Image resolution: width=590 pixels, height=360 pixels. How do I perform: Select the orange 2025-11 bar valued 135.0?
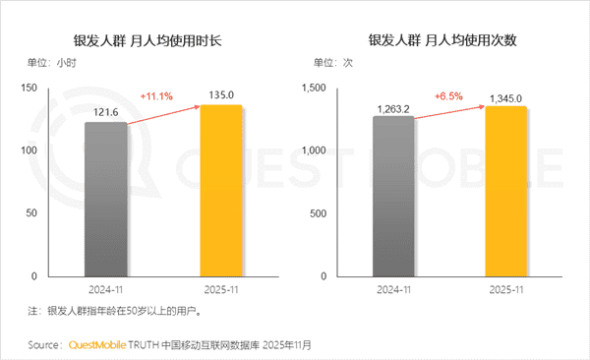point(220,191)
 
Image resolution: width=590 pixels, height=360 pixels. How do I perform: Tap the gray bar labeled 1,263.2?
point(392,196)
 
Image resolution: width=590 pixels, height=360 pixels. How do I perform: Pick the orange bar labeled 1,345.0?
point(505,191)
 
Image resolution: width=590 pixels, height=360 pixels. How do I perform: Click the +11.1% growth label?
point(157,96)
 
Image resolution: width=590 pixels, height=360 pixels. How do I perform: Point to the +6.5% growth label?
point(447,96)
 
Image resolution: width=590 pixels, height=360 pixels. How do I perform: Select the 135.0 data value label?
point(220,96)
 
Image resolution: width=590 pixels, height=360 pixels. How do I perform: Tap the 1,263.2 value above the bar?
point(392,108)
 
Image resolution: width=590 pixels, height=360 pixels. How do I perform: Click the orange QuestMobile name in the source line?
point(101,345)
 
